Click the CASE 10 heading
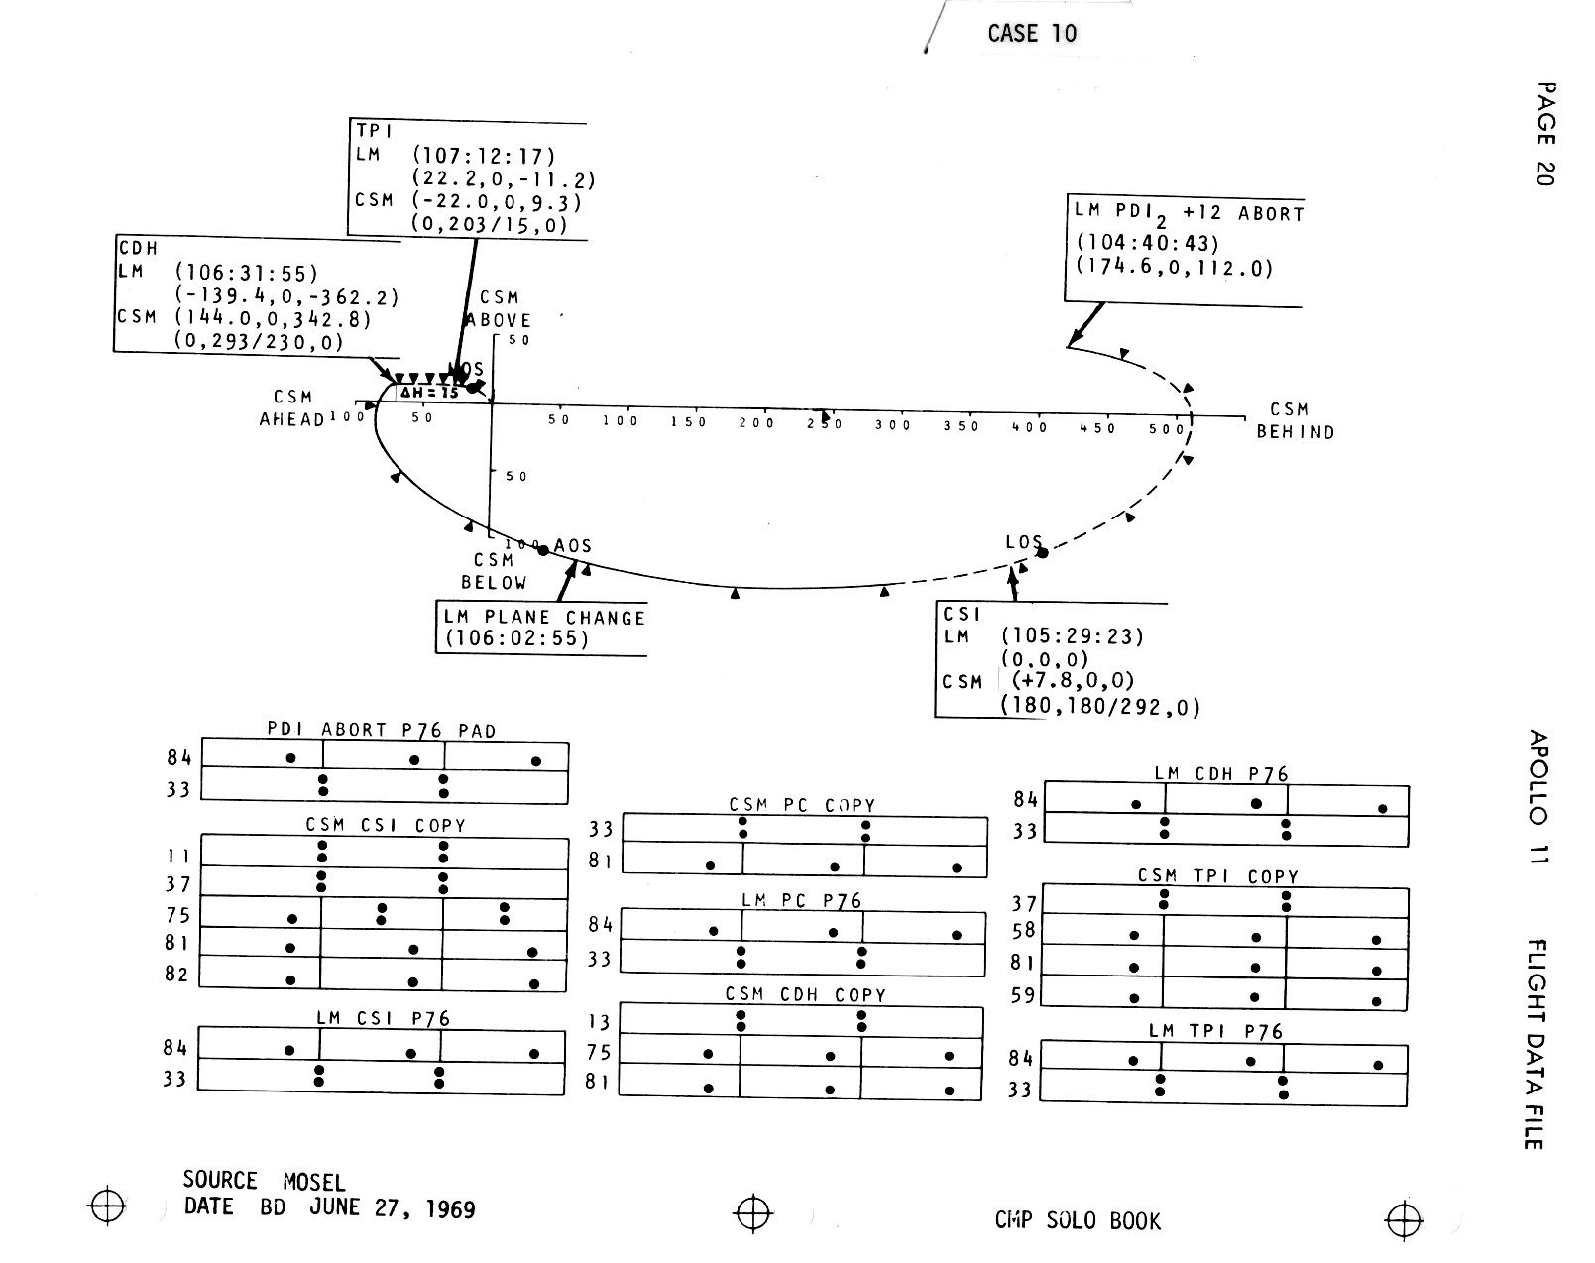1031,33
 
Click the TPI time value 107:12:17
484,156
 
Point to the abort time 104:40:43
1147,244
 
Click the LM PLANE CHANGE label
544,617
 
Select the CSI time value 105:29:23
1073,635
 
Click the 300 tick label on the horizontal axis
892,425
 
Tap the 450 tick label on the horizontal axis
1097,428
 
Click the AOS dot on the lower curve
543,550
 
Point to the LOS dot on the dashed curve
1042,552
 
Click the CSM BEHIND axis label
1295,420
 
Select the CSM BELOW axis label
494,571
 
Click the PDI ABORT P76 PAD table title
382,730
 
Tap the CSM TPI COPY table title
1217,876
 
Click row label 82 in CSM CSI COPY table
176,974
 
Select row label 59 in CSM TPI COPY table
1023,994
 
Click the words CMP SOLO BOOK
1078,1220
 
